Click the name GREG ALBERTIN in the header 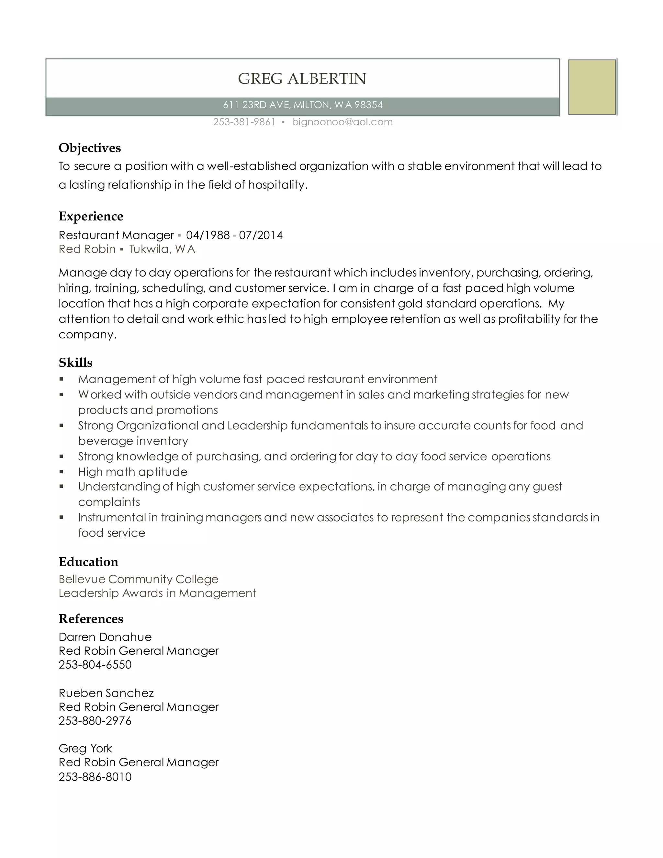[x=302, y=79]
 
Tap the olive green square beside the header [x=592, y=87]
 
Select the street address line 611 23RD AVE [x=302, y=105]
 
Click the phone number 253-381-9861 [x=244, y=122]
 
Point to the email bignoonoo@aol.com [x=342, y=122]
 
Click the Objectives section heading [x=90, y=148]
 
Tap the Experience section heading [x=91, y=217]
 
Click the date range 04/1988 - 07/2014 [x=234, y=235]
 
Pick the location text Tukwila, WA [x=162, y=249]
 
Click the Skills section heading [x=75, y=363]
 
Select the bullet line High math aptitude [x=132, y=472]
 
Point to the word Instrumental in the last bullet [x=112, y=517]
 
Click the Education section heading [x=88, y=562]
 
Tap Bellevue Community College [x=138, y=579]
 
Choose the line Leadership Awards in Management [x=157, y=593]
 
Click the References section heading [x=91, y=619]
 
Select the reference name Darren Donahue [x=105, y=637]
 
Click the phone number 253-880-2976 [x=95, y=721]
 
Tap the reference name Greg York [x=85, y=748]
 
